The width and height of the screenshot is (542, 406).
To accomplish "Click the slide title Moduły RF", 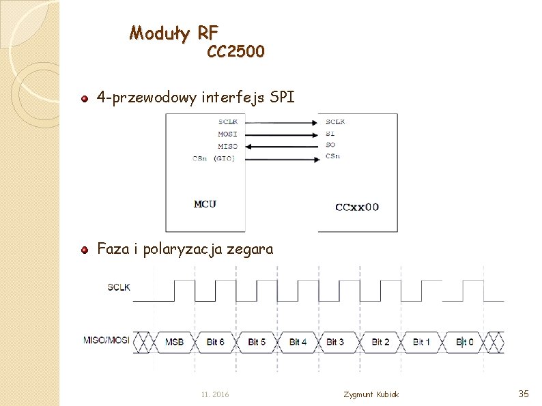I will pos(174,32).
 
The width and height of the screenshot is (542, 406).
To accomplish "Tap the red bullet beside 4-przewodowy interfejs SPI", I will pos(84,100).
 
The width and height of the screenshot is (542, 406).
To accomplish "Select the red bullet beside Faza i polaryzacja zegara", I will pos(84,250).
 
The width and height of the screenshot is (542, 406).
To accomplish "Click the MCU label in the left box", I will pos(205,203).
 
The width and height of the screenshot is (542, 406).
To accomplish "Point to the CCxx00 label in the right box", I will pos(357,206).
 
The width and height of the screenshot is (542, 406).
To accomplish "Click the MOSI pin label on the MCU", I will pos(227,134).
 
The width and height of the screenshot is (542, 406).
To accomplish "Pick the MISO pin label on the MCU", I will pos(227,146).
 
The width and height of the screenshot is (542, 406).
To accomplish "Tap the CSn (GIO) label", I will pos(214,159).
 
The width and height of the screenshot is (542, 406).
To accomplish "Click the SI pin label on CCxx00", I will pos(330,134).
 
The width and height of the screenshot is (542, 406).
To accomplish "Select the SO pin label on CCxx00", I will pos(330,145).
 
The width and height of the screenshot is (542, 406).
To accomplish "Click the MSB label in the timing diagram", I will pos(175,341).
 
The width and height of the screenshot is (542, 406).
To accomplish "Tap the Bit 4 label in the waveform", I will pos(298,341).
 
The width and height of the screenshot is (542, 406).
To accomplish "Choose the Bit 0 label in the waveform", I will pos(465,341).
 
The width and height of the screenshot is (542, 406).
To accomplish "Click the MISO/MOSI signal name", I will pos(106,340).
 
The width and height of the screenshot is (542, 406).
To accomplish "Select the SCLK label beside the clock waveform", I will pos(119,287).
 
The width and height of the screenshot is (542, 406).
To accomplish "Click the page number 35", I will pos(524,394).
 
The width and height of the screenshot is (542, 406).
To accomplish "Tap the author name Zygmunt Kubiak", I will pos(371,395).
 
